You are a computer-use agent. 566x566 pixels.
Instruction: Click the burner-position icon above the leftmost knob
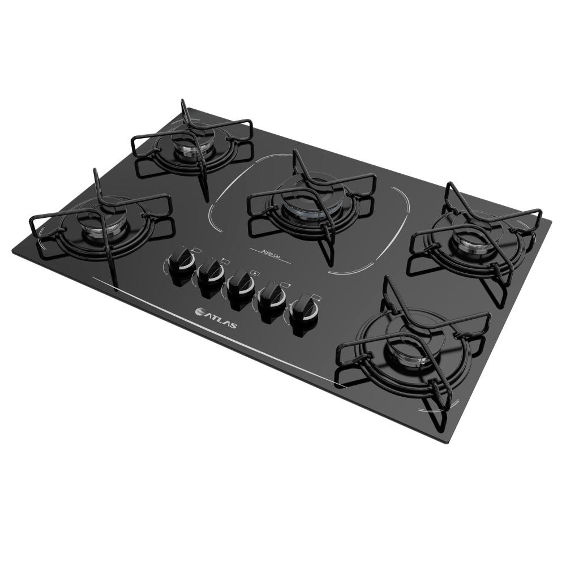point(198,249)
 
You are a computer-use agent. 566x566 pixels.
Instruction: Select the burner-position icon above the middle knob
point(255,273)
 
